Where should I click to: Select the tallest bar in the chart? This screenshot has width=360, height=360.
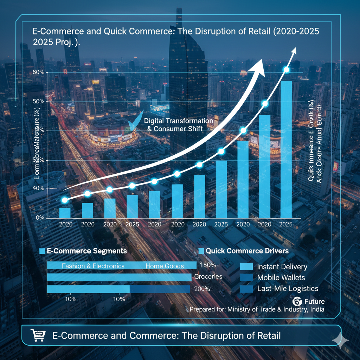pos(286,149)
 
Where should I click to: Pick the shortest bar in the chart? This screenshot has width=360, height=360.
pos(65,213)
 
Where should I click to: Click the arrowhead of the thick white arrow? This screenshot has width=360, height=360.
pos(259,67)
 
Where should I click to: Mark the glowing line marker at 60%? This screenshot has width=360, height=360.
pos(286,70)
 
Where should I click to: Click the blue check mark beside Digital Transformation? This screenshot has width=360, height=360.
pos(135,122)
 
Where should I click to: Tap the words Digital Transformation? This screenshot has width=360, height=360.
pos(179,121)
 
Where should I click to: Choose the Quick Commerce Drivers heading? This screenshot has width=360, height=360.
pos(247,251)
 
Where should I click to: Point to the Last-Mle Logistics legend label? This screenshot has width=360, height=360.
pos(288,289)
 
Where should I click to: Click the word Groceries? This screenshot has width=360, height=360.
pos(208,277)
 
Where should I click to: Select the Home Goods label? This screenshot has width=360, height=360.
pos(165,266)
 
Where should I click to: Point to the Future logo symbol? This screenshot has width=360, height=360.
pos(297,302)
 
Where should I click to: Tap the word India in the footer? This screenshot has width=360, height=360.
pos(317,309)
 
